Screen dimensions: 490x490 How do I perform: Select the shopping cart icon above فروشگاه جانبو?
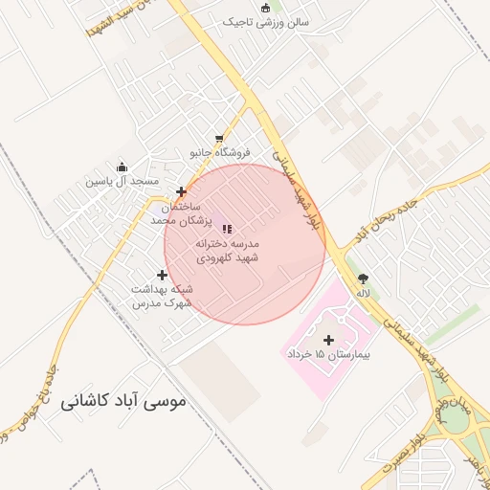click(x=220, y=138)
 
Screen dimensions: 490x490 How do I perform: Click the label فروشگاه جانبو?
click(x=219, y=152)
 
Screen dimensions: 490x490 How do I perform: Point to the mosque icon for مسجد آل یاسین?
click(x=122, y=167)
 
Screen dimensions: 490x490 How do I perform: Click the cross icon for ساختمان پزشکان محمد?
click(x=181, y=191)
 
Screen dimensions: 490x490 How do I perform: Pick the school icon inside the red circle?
click(x=228, y=228)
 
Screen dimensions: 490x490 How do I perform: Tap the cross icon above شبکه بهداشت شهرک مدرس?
click(x=162, y=275)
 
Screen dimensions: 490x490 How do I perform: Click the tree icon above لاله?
click(x=363, y=278)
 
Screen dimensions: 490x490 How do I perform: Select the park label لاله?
click(x=363, y=293)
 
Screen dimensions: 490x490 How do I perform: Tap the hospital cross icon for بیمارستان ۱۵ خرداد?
click(x=329, y=340)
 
